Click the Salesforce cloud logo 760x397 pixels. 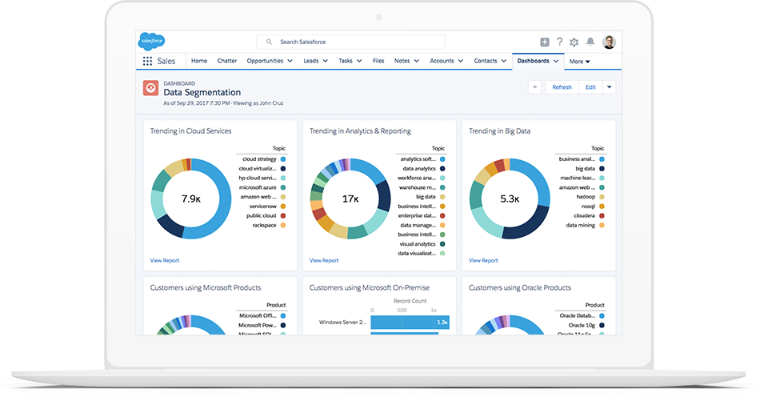tap(151, 42)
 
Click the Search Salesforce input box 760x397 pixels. tap(352, 42)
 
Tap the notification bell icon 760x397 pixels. tap(590, 42)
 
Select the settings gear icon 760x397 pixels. tap(574, 42)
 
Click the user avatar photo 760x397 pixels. tap(609, 42)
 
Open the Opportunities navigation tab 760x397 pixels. tap(269, 61)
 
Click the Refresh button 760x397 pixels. tap(562, 87)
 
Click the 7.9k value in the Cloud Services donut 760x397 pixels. tap(190, 198)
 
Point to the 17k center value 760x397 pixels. tap(350, 198)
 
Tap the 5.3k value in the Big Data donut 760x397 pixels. tap(510, 198)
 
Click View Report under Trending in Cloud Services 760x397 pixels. tap(164, 260)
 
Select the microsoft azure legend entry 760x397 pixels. tap(257, 187)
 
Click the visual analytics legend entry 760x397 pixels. tap(418, 244)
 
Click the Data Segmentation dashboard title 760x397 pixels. tap(202, 93)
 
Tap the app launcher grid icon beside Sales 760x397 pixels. tap(147, 61)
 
